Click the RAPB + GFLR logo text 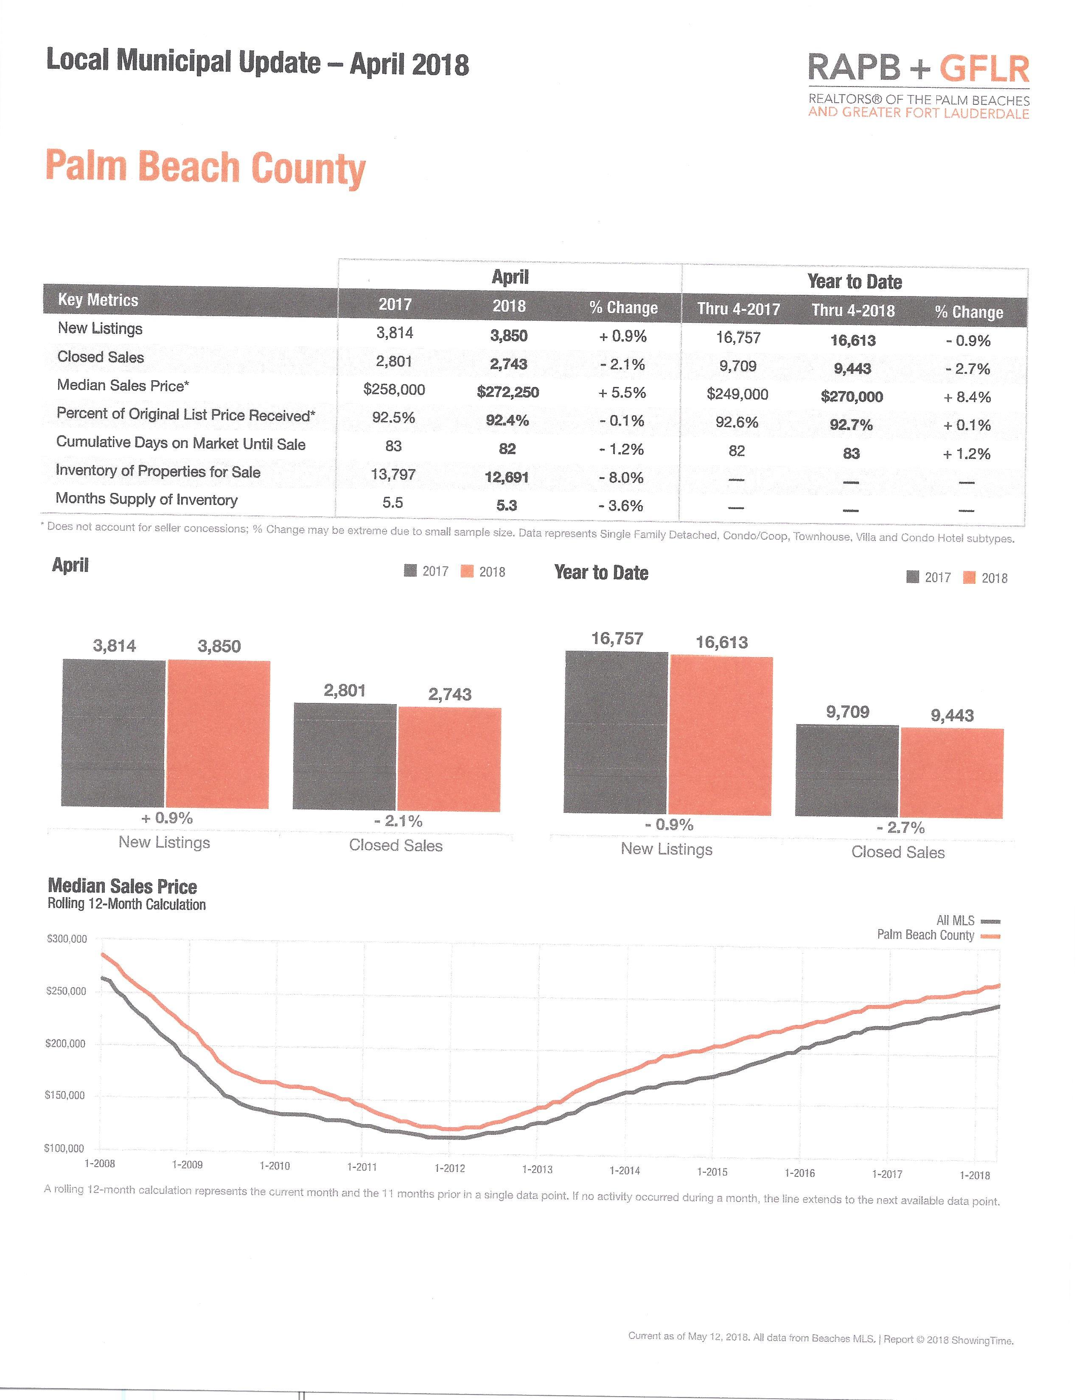[918, 68]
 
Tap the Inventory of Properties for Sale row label [158, 471]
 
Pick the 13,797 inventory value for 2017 [393, 474]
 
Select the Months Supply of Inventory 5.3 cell [506, 506]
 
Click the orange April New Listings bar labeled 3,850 [218, 734]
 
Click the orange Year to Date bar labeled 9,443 [952, 773]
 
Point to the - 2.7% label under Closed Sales [900, 828]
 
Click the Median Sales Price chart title [122, 887]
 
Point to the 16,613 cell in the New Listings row [852, 340]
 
